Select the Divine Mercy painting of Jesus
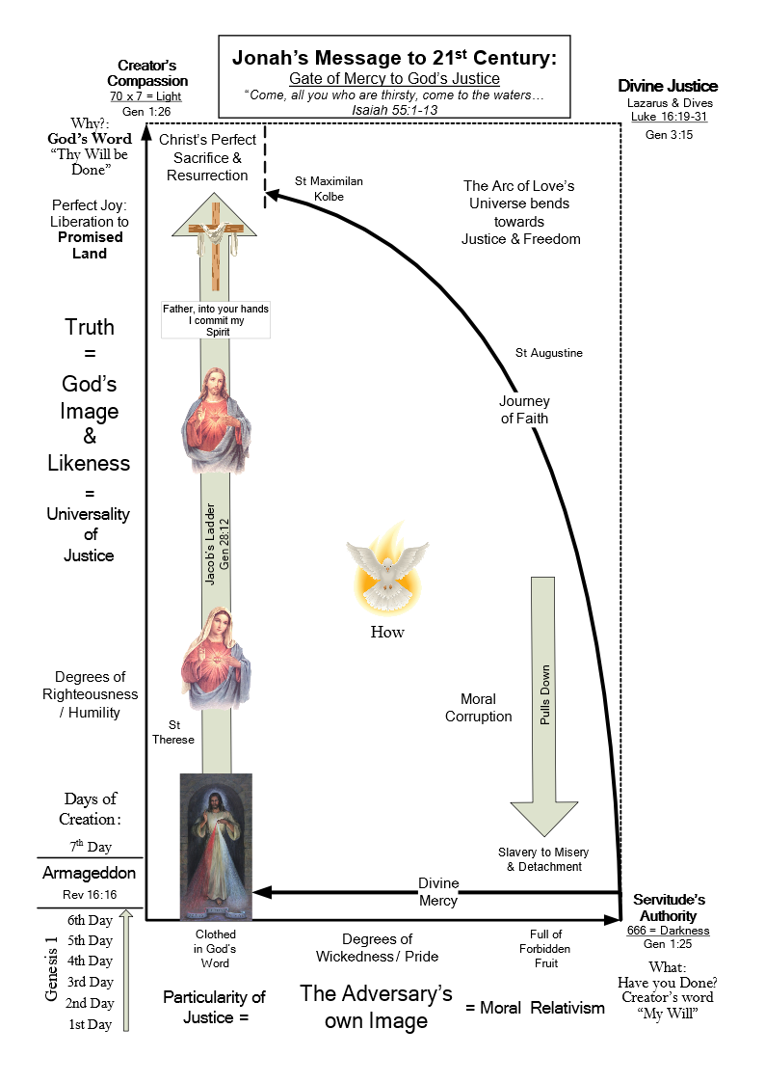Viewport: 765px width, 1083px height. pyautogui.click(x=216, y=846)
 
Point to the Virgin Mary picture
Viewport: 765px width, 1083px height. pyautogui.click(x=216, y=659)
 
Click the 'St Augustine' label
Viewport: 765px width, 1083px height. pyautogui.click(x=549, y=353)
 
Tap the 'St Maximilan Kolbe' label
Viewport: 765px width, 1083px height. pyautogui.click(x=329, y=188)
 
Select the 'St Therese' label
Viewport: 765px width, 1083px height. pyautogui.click(x=173, y=732)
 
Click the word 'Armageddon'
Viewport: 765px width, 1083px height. pyautogui.click(x=89, y=874)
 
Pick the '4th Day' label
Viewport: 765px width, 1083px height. pyautogui.click(x=90, y=961)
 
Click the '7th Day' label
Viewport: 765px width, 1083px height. pyautogui.click(x=90, y=847)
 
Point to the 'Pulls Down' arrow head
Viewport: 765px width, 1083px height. pyautogui.click(x=544, y=815)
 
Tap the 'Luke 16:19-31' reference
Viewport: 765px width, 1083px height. pyautogui.click(x=669, y=117)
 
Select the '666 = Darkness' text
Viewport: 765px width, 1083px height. pyautogui.click(x=671, y=931)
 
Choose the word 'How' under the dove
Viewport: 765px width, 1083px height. pyautogui.click(x=387, y=632)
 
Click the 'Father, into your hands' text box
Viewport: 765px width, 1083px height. pyautogui.click(x=215, y=319)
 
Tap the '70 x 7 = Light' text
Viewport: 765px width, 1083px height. pyautogui.click(x=146, y=96)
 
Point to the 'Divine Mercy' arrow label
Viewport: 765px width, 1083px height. pyautogui.click(x=438, y=892)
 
